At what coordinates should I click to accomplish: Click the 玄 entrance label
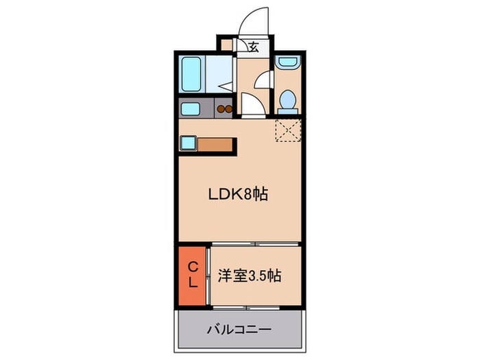(253, 47)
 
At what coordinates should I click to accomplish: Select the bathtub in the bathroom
(191, 72)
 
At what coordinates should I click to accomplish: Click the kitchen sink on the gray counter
(191, 108)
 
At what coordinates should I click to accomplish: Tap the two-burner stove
(225, 108)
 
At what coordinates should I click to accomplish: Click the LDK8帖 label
(237, 195)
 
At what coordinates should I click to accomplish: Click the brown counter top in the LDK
(217, 144)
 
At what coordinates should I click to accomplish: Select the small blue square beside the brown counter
(189, 144)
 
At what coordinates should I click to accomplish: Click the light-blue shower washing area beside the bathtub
(218, 72)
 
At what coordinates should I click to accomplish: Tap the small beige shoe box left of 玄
(227, 47)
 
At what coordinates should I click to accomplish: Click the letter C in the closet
(193, 267)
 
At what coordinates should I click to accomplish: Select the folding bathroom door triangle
(227, 88)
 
